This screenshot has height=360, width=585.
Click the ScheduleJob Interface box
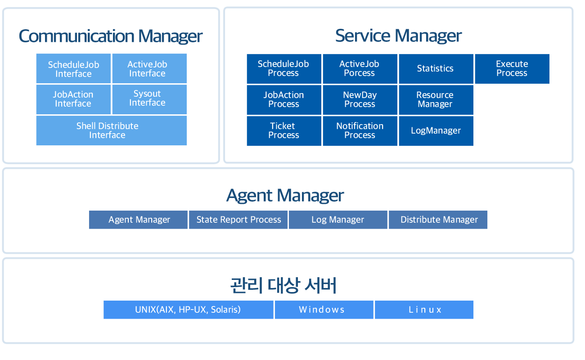pyautogui.click(x=73, y=68)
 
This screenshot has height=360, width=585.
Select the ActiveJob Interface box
pyautogui.click(x=149, y=68)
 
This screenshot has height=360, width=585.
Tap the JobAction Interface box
pyautogui.click(x=73, y=99)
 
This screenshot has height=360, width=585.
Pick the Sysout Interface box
pyautogui.click(x=149, y=99)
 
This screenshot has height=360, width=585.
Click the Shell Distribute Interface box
pyautogui.click(x=112, y=130)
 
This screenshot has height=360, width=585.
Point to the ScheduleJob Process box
pyautogui.click(x=284, y=69)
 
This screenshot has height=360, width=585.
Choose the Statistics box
pyautogui.click(x=436, y=69)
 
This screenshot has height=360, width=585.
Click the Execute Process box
pyautogui.click(x=512, y=69)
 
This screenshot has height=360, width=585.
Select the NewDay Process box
pyautogui.click(x=360, y=100)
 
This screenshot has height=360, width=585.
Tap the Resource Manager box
pyautogui.click(x=436, y=100)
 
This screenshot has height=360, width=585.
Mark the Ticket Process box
pyautogui.click(x=284, y=131)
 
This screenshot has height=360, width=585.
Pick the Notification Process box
pyautogui.click(x=360, y=131)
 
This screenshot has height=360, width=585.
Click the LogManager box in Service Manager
pyautogui.click(x=436, y=131)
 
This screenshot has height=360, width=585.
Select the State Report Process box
pyautogui.click(x=238, y=220)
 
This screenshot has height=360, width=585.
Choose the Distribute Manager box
pyautogui.click(x=438, y=220)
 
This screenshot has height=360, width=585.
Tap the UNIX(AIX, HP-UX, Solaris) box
pyautogui.click(x=188, y=310)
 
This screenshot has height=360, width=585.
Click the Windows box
pyautogui.click(x=324, y=310)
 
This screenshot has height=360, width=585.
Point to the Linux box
pyautogui.click(x=424, y=310)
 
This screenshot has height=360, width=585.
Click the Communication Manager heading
pyautogui.click(x=110, y=36)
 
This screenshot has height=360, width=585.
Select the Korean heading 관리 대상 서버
pyautogui.click(x=283, y=285)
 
